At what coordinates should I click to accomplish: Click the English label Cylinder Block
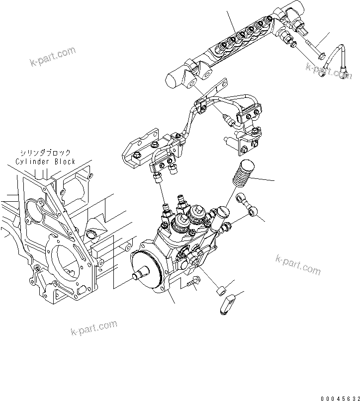pos(45,161)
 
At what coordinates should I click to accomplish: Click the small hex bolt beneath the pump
pos(192,282)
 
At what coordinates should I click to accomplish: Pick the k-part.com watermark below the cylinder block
pos(94,328)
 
